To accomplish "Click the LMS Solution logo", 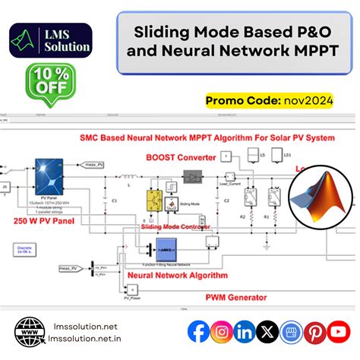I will coord(52,40).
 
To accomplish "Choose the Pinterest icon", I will coord(315,331).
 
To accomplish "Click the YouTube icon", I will coord(339,331).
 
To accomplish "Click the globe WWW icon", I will coord(30,332).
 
